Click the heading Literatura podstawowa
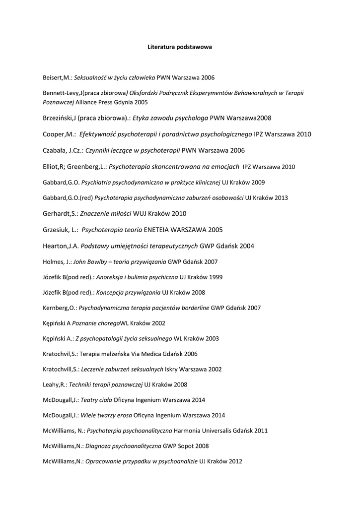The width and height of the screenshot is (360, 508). tap(180, 47)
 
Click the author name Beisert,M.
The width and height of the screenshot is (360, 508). tap(57, 78)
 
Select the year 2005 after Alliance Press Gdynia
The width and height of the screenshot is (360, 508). tap(141, 101)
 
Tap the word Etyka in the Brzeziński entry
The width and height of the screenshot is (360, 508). tap(142, 118)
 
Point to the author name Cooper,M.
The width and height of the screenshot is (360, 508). tap(59, 134)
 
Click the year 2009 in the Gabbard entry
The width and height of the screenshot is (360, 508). tap(258, 182)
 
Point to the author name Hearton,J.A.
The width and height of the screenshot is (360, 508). tap(61, 246)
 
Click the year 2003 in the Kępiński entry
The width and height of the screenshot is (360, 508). tap(212, 338)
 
